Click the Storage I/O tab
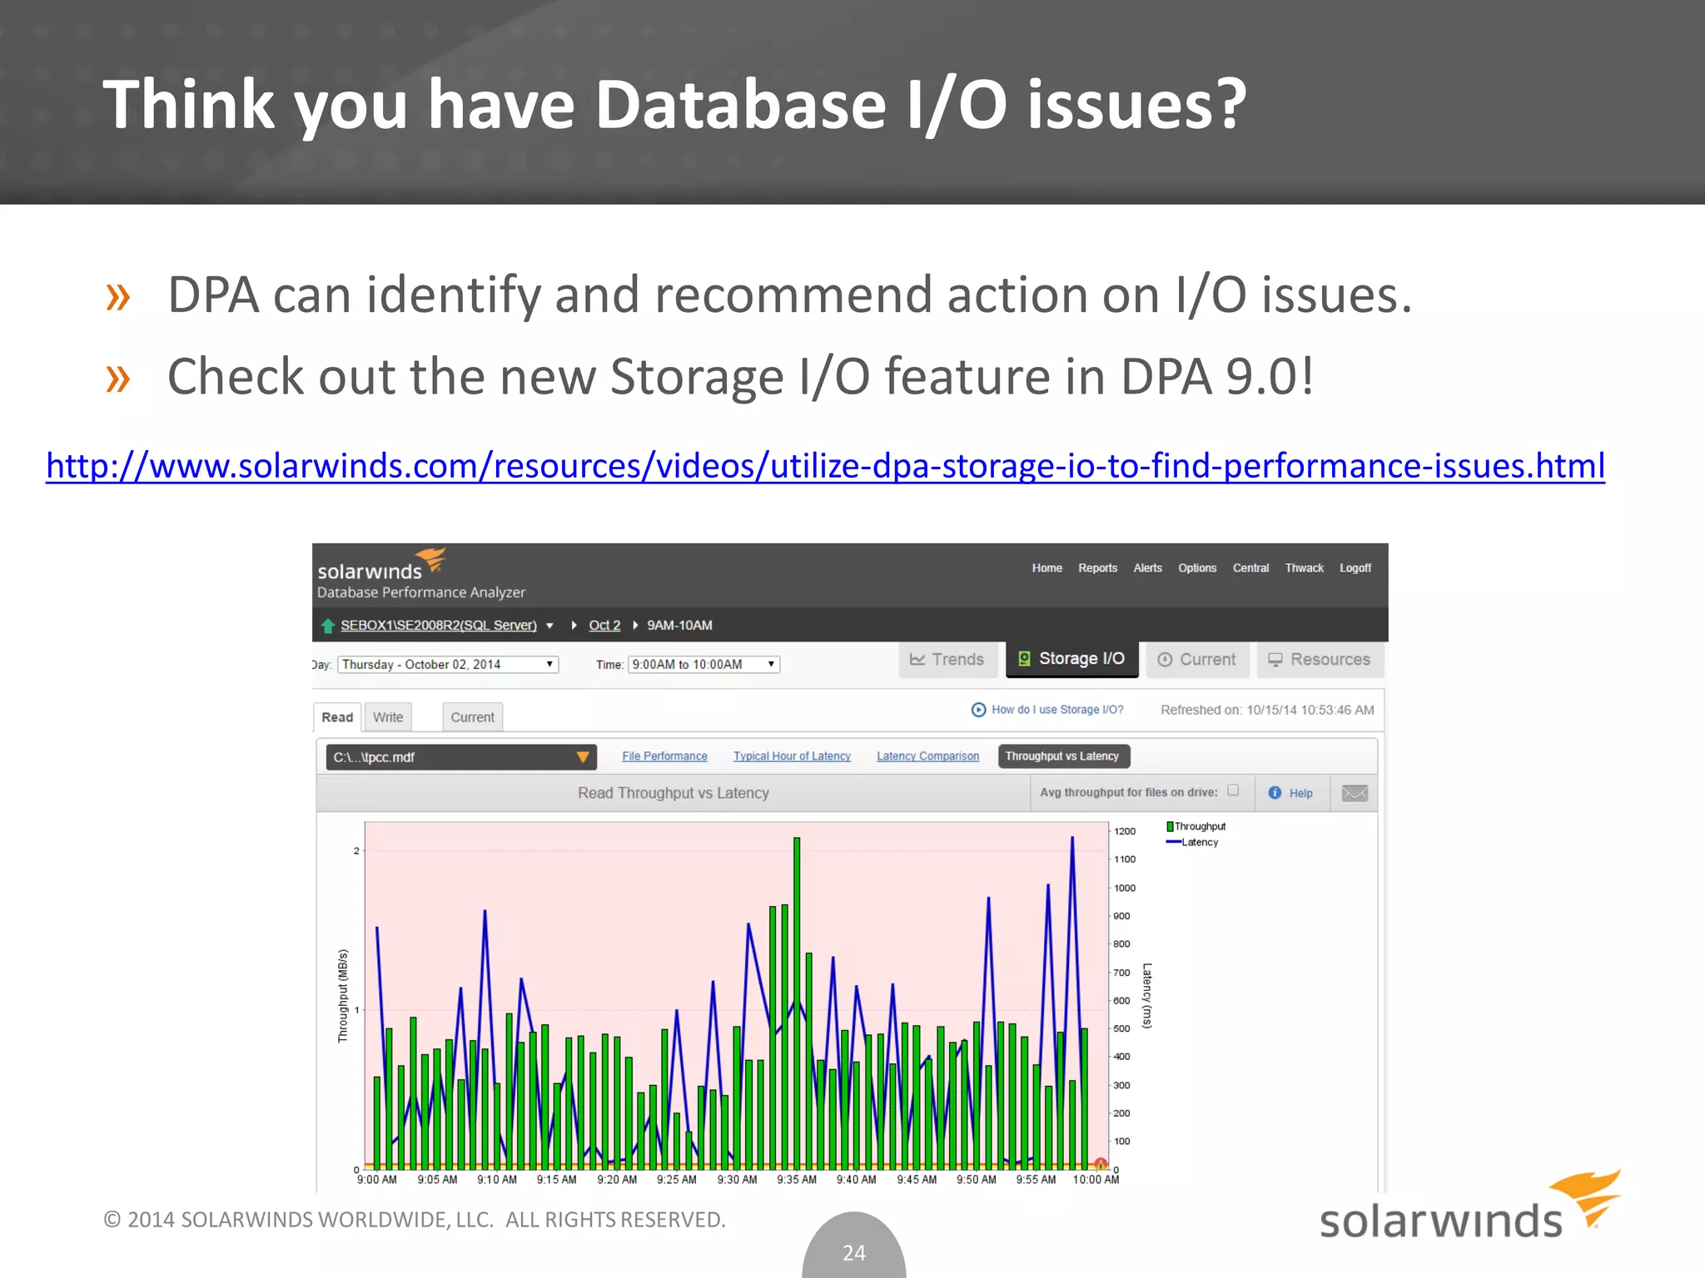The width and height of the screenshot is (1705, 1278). point(1071,659)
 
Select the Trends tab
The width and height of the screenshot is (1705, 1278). point(947,660)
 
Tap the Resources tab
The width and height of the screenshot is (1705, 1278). point(1319,660)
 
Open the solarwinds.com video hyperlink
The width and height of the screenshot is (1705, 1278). point(824,466)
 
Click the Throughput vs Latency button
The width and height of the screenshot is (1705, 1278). point(1062,756)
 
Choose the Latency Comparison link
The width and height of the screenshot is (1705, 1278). point(927,756)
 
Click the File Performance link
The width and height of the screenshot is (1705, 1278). point(664,756)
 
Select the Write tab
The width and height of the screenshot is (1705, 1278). point(388,717)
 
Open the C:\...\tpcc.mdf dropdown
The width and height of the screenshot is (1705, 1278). point(460,757)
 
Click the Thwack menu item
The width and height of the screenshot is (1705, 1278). point(1304,568)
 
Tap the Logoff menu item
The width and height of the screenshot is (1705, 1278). point(1355,568)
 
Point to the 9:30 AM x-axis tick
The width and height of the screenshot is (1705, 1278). point(737,1180)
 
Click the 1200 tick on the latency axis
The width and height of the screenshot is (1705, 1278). point(1125,831)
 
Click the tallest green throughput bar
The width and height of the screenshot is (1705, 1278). point(797,998)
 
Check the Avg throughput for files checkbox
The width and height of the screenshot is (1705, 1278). point(1233,790)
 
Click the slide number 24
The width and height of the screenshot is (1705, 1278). point(854,1252)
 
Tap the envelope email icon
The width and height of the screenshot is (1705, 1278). point(1355,793)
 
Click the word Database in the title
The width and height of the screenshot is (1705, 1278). point(741,105)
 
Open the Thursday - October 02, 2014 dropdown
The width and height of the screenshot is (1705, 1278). point(448,665)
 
